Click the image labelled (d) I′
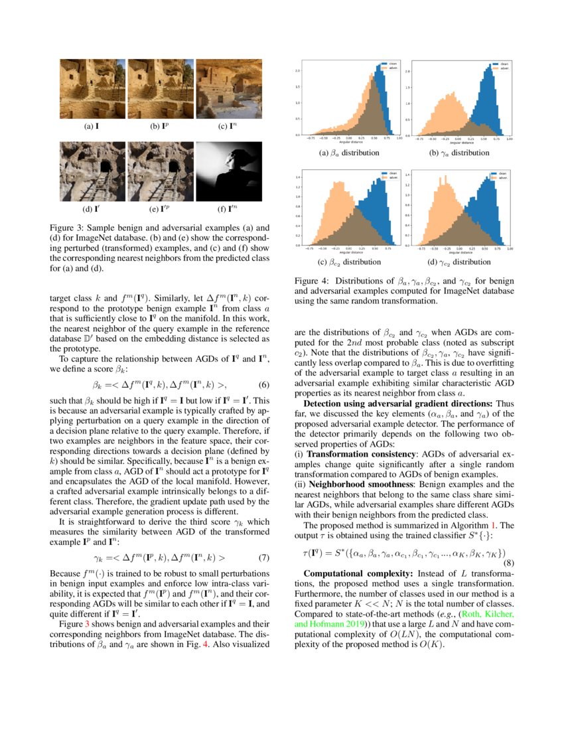coord(92,172)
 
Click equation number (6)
coord(263,384)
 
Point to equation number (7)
coord(263,540)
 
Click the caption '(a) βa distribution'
coord(349,153)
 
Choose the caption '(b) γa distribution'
coord(459,153)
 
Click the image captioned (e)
coord(161,172)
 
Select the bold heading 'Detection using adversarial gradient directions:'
coord(397,403)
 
